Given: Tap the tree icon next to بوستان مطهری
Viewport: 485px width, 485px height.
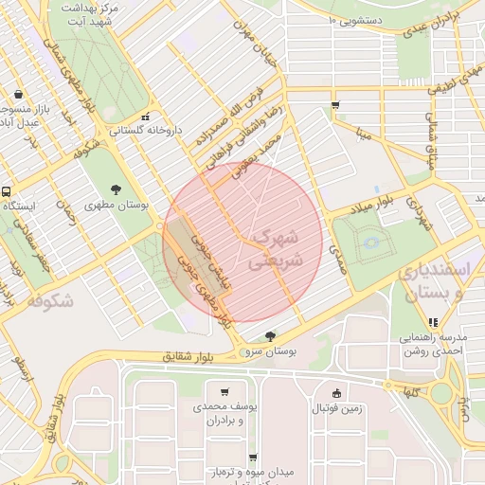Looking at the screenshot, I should click(x=116, y=189).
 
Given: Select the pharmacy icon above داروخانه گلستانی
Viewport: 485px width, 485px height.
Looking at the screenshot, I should click(x=144, y=117).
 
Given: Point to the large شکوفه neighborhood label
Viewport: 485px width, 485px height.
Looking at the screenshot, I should click(x=50, y=300).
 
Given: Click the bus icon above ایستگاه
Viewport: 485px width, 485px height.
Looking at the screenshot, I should click(x=7, y=190).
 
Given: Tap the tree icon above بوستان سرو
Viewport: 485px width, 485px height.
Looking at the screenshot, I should click(x=271, y=336).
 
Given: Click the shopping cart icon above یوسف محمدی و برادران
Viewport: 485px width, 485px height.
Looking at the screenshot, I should click(x=224, y=392).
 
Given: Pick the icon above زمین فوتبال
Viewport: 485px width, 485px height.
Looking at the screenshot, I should click(x=336, y=394).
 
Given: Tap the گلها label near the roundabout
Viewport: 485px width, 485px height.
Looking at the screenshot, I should click(x=410, y=391).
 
